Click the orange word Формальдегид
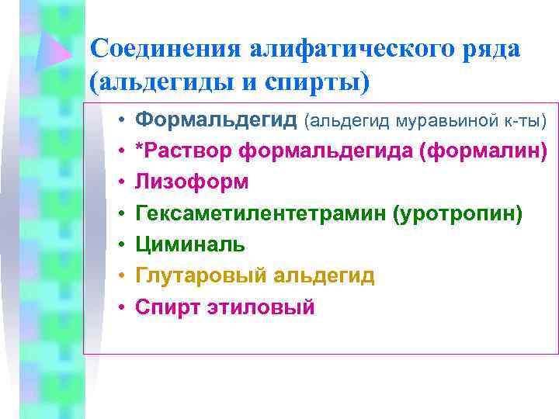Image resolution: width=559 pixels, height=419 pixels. [216, 120]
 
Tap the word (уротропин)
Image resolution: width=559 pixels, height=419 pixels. [458, 213]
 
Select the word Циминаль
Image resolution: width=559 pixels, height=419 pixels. [191, 244]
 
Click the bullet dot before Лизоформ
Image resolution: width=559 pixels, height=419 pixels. [122, 183]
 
